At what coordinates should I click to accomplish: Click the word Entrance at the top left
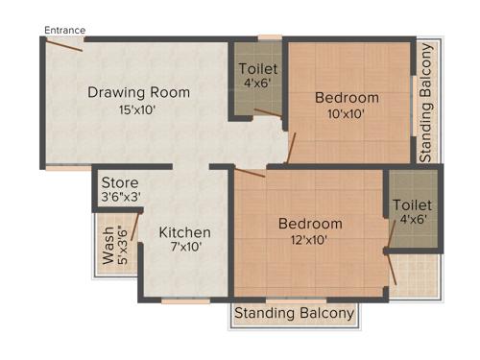[x=64, y=30]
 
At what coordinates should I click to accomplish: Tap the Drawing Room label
[x=138, y=93]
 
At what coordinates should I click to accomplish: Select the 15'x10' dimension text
[x=138, y=110]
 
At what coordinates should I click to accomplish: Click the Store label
[x=120, y=182]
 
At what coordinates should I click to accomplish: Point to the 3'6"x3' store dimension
[x=122, y=198]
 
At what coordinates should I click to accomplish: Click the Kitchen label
[x=184, y=232]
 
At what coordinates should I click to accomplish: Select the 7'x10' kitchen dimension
[x=184, y=248]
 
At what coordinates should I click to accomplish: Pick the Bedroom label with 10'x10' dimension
[x=347, y=98]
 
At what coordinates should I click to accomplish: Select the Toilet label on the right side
[x=412, y=205]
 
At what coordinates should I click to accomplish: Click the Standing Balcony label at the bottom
[x=294, y=314]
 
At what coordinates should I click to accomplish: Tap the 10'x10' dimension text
[x=347, y=114]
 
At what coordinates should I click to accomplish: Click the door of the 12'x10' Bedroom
[x=250, y=173]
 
